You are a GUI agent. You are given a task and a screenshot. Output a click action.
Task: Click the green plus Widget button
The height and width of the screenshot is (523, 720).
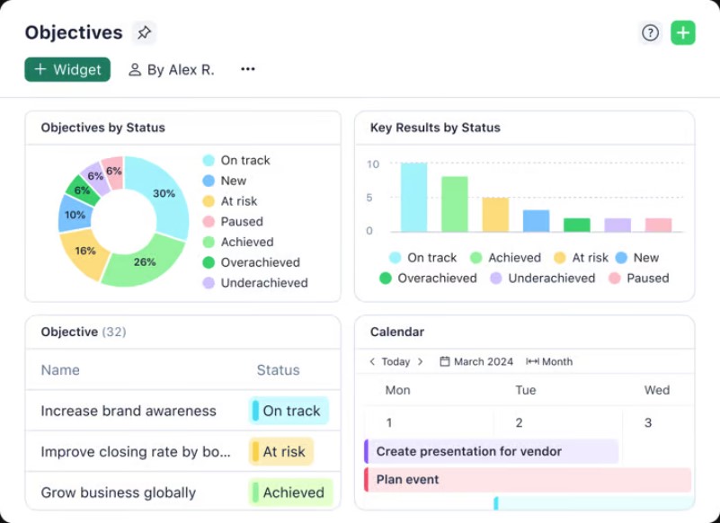(x=67, y=70)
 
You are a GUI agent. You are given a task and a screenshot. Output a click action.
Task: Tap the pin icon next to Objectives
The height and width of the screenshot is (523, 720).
(x=144, y=33)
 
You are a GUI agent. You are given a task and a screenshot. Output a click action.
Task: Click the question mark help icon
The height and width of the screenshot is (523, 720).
(x=651, y=33)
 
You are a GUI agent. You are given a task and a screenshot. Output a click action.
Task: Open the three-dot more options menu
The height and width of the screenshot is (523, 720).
(x=248, y=70)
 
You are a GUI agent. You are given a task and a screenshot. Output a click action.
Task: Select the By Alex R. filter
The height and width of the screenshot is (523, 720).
(x=172, y=70)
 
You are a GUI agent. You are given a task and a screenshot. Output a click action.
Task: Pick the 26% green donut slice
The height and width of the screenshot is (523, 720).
(x=144, y=261)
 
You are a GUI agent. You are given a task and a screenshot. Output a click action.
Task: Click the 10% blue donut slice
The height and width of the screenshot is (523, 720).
(x=74, y=215)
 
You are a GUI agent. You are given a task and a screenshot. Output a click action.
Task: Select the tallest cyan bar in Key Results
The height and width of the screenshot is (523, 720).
(x=413, y=198)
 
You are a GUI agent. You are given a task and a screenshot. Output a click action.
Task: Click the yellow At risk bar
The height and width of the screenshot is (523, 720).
(x=495, y=215)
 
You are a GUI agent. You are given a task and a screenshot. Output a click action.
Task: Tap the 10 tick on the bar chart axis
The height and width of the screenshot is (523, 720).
(x=373, y=164)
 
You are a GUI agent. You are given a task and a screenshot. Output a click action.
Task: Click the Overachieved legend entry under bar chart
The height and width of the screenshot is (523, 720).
(x=428, y=279)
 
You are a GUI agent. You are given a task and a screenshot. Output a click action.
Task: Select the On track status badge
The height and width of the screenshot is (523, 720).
(x=289, y=411)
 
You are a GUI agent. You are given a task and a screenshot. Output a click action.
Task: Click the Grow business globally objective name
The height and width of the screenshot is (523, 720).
(x=118, y=492)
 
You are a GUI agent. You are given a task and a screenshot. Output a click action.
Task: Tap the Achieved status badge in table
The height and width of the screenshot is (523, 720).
(x=291, y=492)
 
